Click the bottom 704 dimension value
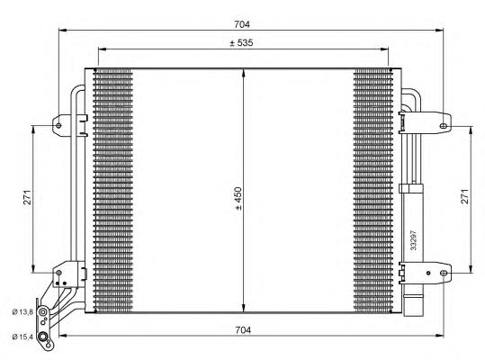(242, 330)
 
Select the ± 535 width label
(242, 42)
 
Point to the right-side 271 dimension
(463, 197)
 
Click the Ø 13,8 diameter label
(22, 311)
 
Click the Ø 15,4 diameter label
(22, 337)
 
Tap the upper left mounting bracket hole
(58, 125)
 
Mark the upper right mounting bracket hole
(445, 125)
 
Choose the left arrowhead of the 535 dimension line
(99, 49)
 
